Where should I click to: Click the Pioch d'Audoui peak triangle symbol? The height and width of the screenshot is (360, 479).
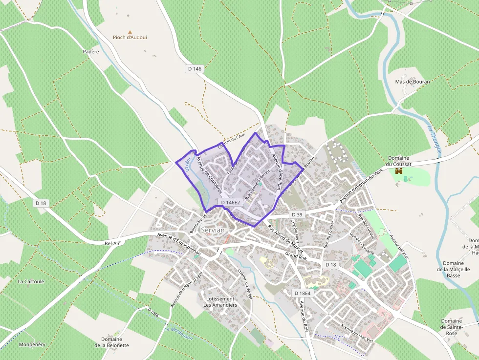(130, 32)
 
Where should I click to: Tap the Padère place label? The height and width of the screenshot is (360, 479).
(91, 51)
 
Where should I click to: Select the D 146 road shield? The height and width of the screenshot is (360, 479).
(194, 69)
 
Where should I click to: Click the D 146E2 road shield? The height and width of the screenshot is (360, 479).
(230, 202)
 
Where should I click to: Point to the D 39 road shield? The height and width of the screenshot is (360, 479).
(297, 214)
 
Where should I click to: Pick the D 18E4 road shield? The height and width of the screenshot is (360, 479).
(302, 293)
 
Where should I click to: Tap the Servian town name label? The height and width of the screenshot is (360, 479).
(213, 230)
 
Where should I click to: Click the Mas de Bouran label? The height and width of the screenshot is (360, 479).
(413, 82)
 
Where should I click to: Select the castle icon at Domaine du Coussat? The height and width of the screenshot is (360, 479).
(398, 171)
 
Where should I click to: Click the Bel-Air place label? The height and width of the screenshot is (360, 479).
(112, 243)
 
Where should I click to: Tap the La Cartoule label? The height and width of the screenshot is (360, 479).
(31, 281)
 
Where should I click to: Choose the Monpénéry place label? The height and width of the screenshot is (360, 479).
(32, 344)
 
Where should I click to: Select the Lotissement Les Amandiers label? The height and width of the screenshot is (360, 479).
(220, 302)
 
